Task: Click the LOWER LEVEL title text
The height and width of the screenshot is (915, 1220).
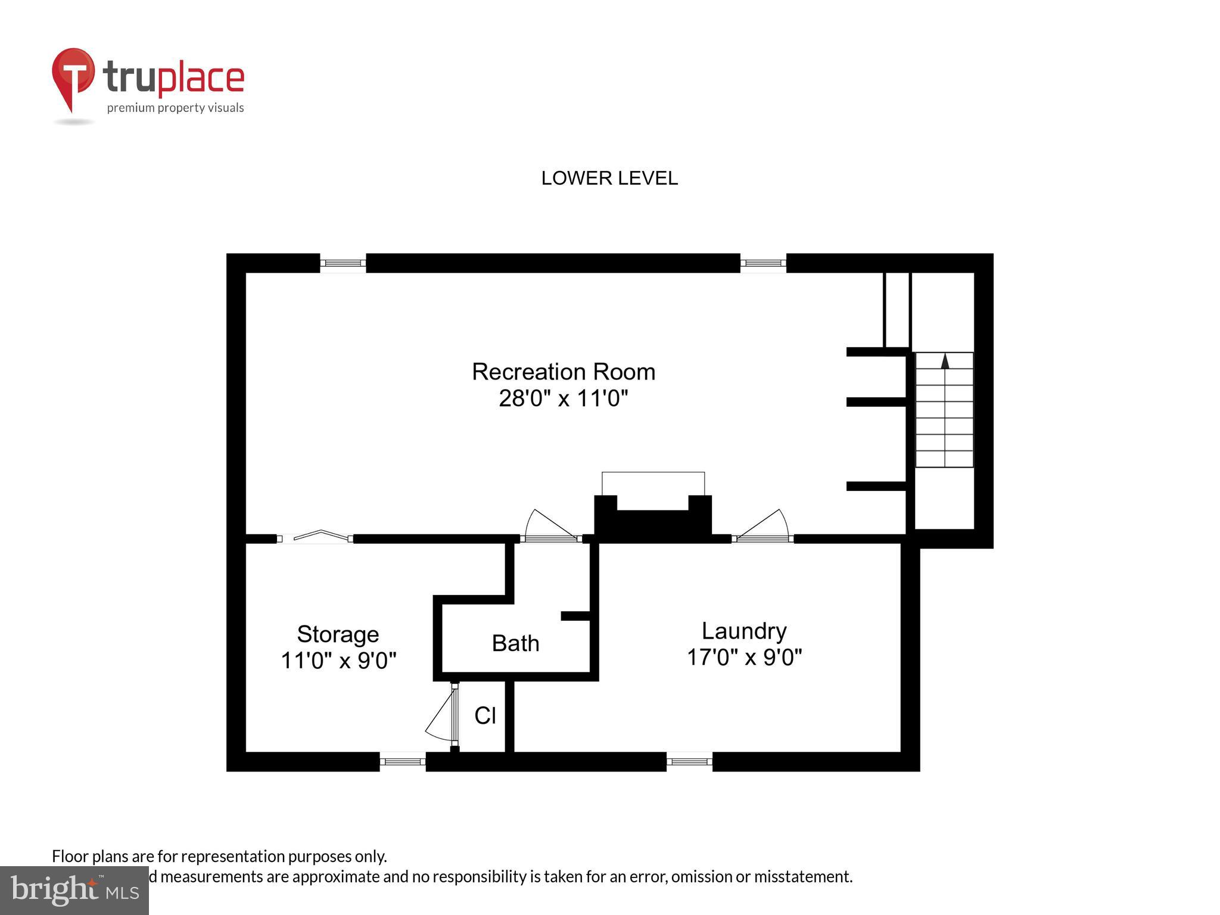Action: [x=609, y=178]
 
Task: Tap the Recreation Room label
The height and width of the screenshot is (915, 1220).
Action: [x=563, y=372]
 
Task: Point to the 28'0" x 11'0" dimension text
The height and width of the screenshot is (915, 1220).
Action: [x=563, y=398]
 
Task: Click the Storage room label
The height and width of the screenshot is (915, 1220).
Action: [x=338, y=634]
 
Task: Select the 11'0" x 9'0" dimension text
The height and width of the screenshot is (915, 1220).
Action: [x=338, y=660]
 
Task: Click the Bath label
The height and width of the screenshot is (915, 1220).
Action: [x=515, y=643]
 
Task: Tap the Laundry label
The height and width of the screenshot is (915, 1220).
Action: [x=743, y=630]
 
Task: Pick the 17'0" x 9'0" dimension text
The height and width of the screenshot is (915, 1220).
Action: [x=743, y=657]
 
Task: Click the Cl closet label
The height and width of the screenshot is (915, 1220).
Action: [x=485, y=715]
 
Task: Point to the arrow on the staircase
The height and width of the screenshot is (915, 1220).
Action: [x=945, y=361]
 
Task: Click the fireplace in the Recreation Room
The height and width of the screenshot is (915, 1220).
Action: [x=653, y=515]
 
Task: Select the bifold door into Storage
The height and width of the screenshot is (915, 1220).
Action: [x=315, y=536]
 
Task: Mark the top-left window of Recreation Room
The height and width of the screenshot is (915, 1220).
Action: [x=343, y=263]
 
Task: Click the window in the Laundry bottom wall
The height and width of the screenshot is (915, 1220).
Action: [x=689, y=761]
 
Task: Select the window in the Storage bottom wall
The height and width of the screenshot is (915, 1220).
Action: [x=403, y=761]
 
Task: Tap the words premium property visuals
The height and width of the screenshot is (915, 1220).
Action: [x=175, y=108]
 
